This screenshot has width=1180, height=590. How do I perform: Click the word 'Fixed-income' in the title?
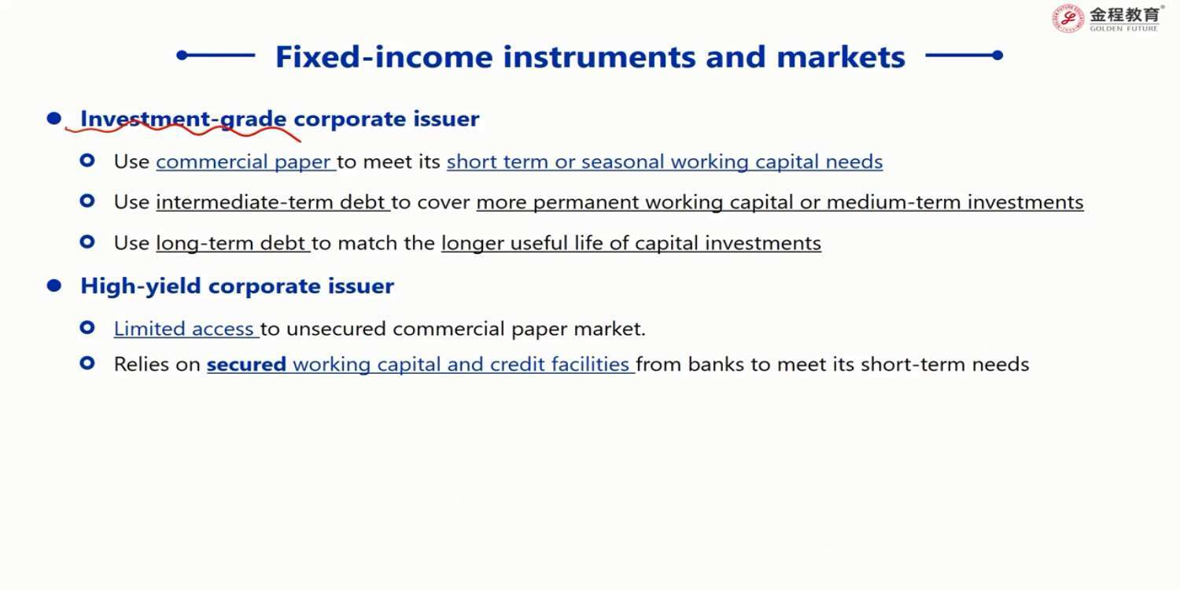(x=384, y=57)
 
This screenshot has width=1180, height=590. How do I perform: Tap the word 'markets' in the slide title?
(x=841, y=57)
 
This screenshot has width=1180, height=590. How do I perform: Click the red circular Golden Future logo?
(x=1068, y=18)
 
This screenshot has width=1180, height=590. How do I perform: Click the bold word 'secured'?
(x=246, y=364)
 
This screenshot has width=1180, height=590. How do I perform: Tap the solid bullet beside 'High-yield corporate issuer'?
(x=53, y=286)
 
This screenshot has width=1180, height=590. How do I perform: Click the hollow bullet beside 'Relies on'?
(x=87, y=363)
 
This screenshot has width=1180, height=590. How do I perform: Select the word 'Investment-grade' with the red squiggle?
(x=183, y=120)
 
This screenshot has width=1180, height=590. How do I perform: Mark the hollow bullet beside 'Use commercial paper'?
(x=87, y=160)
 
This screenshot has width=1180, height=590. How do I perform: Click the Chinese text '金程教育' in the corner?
(x=1124, y=14)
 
